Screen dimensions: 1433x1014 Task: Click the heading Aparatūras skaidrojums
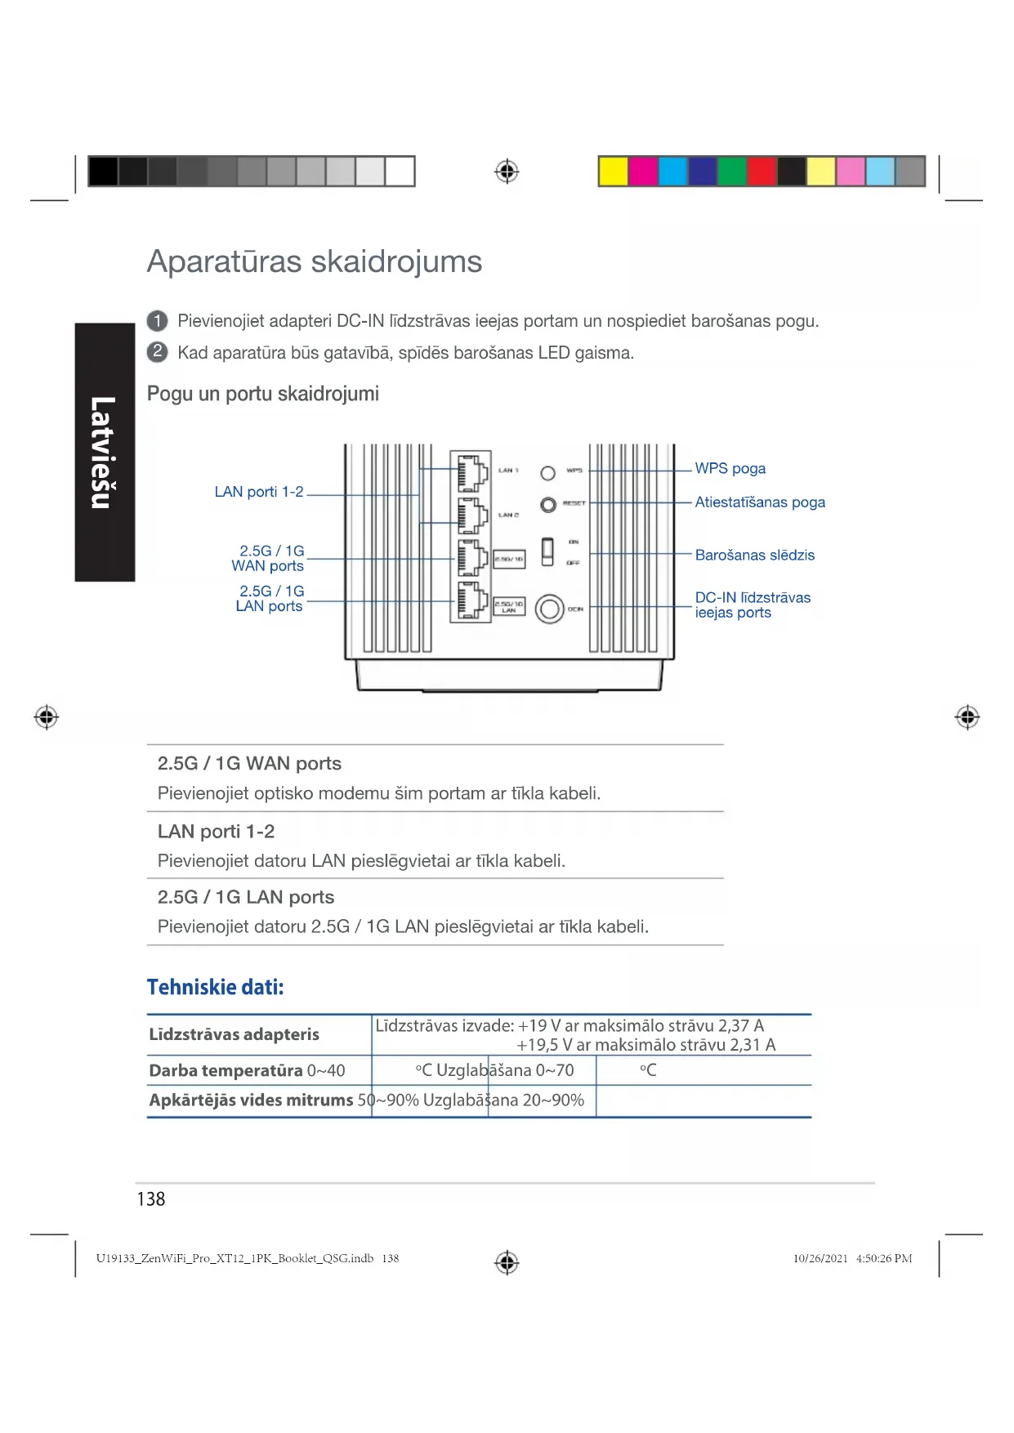tap(314, 262)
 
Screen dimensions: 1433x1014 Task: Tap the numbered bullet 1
tap(157, 321)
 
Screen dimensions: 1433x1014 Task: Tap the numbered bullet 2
tap(157, 352)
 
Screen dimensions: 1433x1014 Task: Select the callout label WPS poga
tap(730, 469)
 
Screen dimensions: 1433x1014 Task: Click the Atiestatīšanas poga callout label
tap(759, 502)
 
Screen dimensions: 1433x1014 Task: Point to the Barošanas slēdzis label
tap(754, 556)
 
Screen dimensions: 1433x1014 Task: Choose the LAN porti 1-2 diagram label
tap(258, 492)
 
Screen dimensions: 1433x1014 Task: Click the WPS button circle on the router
tap(548, 473)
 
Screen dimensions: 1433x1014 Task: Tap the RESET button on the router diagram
tap(548, 505)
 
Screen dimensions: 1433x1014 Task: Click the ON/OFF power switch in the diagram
tap(547, 551)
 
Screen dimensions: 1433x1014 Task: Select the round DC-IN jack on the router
tap(550, 609)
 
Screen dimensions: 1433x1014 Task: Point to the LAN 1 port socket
tap(471, 471)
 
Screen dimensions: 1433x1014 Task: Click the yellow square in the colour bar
tap(613, 172)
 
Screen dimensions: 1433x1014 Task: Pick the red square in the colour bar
tap(762, 172)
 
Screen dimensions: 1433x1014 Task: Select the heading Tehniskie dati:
tap(216, 988)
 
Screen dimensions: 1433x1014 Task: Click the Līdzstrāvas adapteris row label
tap(234, 1035)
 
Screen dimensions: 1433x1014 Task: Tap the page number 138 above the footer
tap(151, 1199)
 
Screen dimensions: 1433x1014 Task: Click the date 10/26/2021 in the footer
tap(820, 1259)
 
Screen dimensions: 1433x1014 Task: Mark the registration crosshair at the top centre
tap(507, 172)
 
